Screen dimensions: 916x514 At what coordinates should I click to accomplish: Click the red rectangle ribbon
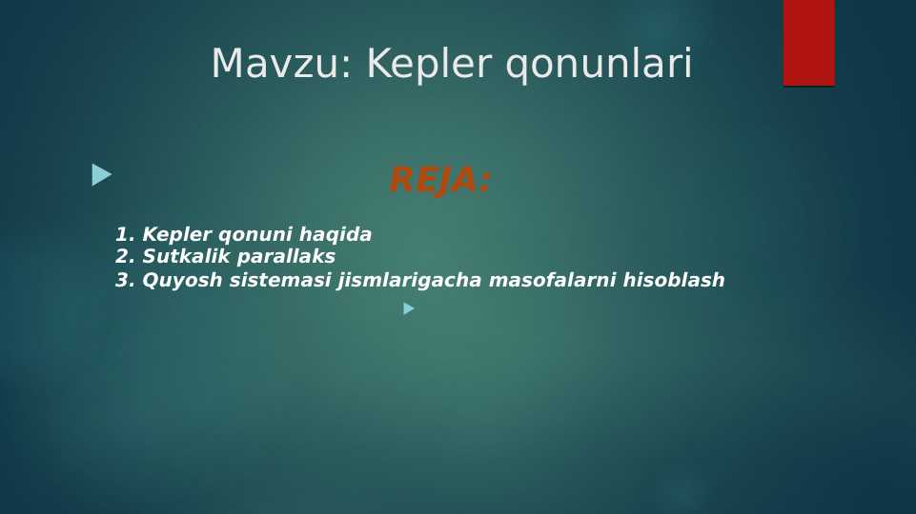pos(809,43)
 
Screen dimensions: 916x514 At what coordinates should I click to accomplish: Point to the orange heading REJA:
pos(440,180)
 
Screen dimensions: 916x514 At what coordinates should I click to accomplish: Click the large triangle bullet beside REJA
pos(102,175)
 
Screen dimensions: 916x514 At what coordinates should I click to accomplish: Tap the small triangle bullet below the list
pos(409,308)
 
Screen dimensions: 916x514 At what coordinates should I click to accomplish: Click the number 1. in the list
pos(125,234)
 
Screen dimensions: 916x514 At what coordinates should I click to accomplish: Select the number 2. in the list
pos(125,256)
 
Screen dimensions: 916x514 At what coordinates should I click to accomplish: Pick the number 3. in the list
pos(125,280)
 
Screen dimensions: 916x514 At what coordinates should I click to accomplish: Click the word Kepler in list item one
pos(177,235)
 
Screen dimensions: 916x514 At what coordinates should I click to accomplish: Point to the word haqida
pos(336,235)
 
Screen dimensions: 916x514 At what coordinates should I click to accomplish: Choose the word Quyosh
pos(182,281)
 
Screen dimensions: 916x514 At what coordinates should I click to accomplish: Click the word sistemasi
pos(280,280)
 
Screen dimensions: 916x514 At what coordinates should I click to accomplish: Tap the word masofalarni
pos(552,280)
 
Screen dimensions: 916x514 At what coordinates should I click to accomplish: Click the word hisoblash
pos(674,280)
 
